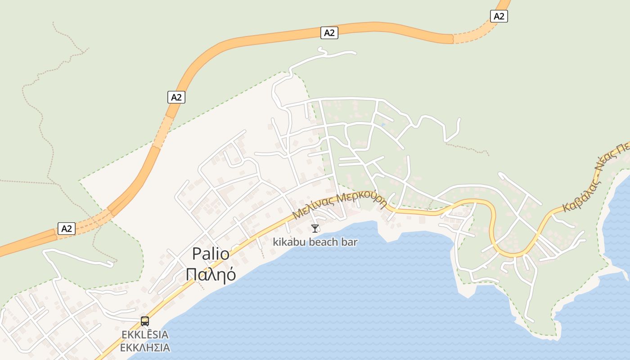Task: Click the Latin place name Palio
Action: click(211, 254)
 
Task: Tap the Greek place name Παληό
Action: click(211, 274)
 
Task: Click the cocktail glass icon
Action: click(315, 229)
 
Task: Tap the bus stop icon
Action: click(145, 321)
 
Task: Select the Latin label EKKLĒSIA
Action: click(145, 335)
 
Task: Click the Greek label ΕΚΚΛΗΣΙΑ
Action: click(145, 347)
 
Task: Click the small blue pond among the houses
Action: click(383, 125)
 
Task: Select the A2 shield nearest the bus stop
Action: click(67, 229)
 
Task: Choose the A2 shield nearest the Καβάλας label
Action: click(499, 17)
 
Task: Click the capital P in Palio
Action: click(196, 254)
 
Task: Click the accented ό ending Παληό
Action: click(230, 274)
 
